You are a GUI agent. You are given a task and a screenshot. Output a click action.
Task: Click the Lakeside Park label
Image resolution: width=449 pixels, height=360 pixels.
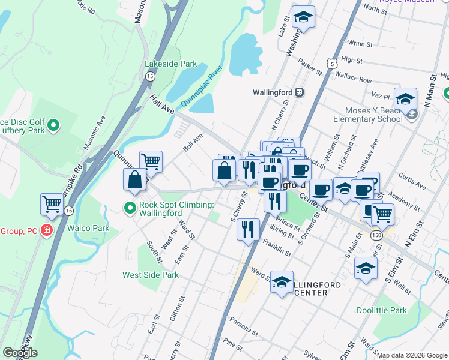pos(170,64)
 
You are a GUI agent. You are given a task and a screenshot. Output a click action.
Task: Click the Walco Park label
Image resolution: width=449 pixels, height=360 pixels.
pos(88,228)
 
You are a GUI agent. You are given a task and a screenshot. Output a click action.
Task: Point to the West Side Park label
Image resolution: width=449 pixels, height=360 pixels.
pos(151,275)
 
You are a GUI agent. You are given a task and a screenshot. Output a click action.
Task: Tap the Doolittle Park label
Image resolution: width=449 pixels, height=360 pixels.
pos(381,310)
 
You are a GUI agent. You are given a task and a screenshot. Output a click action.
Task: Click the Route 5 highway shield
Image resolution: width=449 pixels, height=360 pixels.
pos(331,63)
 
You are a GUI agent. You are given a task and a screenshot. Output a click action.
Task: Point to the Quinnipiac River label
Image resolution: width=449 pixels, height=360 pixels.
pos(201,88)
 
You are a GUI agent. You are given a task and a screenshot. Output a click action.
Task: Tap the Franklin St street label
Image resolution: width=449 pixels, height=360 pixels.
pos(277,248)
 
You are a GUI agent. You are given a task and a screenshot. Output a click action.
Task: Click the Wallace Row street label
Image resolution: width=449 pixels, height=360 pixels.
pos(354,78)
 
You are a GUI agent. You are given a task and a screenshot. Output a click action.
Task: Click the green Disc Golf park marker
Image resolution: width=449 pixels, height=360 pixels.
pos(53,125)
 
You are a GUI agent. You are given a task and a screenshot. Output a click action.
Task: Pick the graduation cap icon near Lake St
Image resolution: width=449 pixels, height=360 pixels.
pos(304,17)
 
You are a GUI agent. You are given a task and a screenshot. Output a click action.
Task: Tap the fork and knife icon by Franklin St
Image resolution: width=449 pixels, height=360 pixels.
pos(247,229)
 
